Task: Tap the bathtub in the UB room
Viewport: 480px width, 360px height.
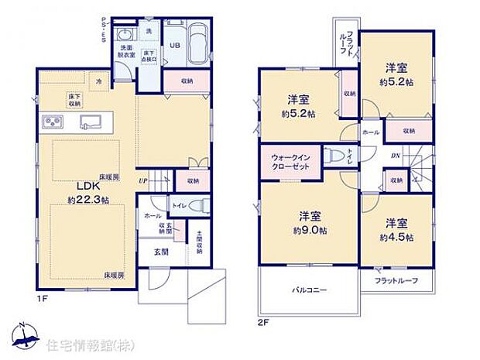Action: pyautogui.click(x=194, y=44)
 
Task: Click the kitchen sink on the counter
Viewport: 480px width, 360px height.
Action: pyautogui.click(x=90, y=121)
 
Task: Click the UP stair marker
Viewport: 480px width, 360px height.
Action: pyautogui.click(x=142, y=181)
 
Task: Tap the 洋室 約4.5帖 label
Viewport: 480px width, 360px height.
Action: pyautogui.click(x=396, y=229)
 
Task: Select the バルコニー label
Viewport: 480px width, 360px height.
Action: pyautogui.click(x=309, y=290)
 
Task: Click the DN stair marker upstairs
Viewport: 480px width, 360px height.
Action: pyautogui.click(x=395, y=153)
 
